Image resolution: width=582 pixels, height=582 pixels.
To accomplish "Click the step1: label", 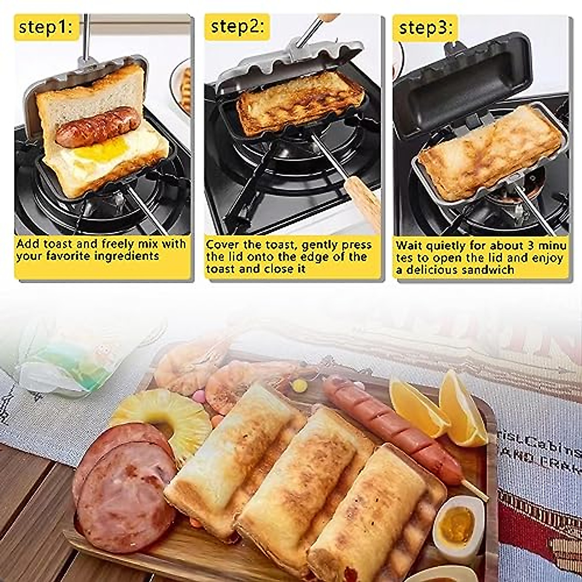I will tap(47, 27).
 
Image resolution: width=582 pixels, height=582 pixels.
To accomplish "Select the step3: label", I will tap(425, 28).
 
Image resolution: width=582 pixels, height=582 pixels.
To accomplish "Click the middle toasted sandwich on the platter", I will tap(301, 480).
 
